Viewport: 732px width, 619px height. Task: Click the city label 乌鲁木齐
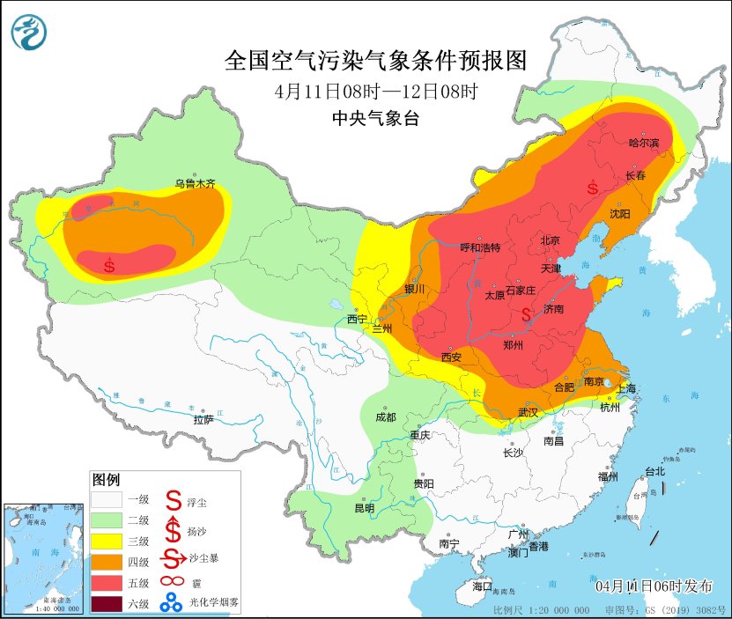pos(194,184)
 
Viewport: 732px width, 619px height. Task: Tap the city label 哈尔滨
pos(644,143)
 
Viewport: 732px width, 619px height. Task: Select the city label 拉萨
pos(203,420)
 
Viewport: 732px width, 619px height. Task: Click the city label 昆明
pos(364,508)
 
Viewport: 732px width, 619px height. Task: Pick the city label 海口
pos(482,586)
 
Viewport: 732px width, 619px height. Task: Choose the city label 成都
pos(386,416)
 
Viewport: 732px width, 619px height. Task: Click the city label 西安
pos(451,357)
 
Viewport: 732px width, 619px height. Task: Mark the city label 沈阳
pos(620,213)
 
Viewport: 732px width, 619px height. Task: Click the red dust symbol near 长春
pos(593,188)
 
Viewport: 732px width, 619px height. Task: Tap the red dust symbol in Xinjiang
pos(108,264)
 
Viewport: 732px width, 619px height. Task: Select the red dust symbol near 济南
pos(527,314)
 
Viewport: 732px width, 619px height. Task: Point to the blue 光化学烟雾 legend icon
pos(171,603)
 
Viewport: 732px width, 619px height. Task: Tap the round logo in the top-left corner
pos(30,33)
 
